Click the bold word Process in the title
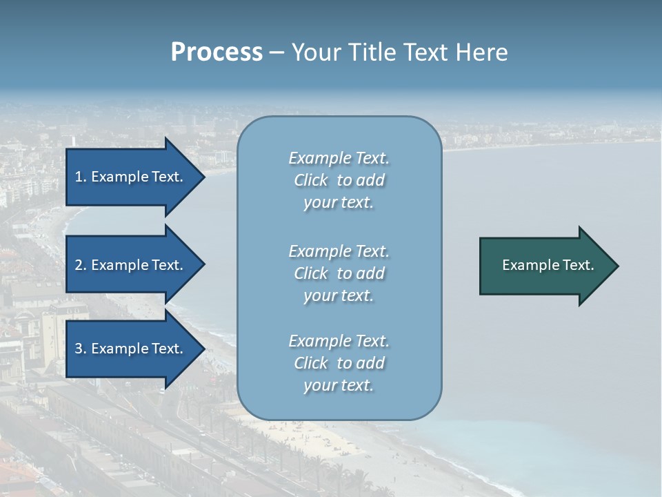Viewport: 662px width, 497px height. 217,52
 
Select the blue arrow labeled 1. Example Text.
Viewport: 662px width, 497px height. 131,177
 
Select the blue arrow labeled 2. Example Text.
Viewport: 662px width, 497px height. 131,265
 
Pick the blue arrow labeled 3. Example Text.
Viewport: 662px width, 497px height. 131,349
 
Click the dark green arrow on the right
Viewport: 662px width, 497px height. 545,266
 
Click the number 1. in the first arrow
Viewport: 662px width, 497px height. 81,177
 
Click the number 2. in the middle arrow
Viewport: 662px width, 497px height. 81,265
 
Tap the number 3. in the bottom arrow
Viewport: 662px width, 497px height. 81,349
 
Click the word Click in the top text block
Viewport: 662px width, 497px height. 311,180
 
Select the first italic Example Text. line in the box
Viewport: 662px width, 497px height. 339,158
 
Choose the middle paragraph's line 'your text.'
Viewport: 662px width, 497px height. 339,295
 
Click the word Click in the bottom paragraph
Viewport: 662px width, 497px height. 311,363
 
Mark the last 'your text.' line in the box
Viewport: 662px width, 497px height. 339,385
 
